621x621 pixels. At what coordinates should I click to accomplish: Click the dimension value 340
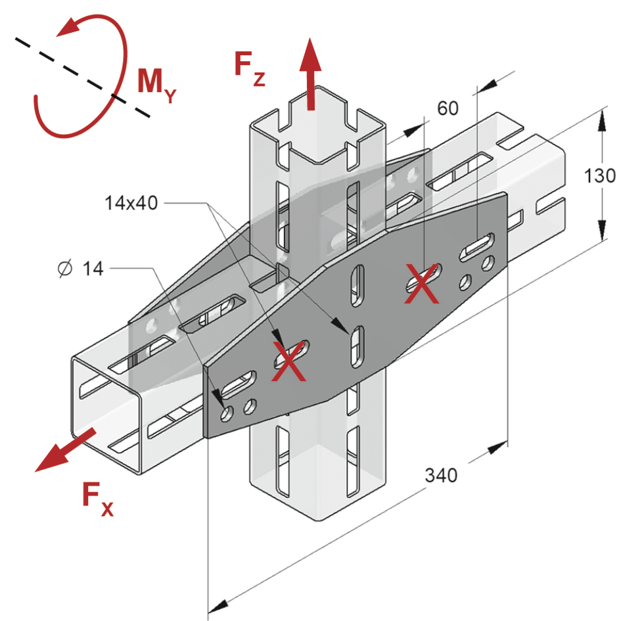(440, 474)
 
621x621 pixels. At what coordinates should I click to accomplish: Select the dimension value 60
(448, 108)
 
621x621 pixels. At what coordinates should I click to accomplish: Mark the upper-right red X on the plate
(421, 283)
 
